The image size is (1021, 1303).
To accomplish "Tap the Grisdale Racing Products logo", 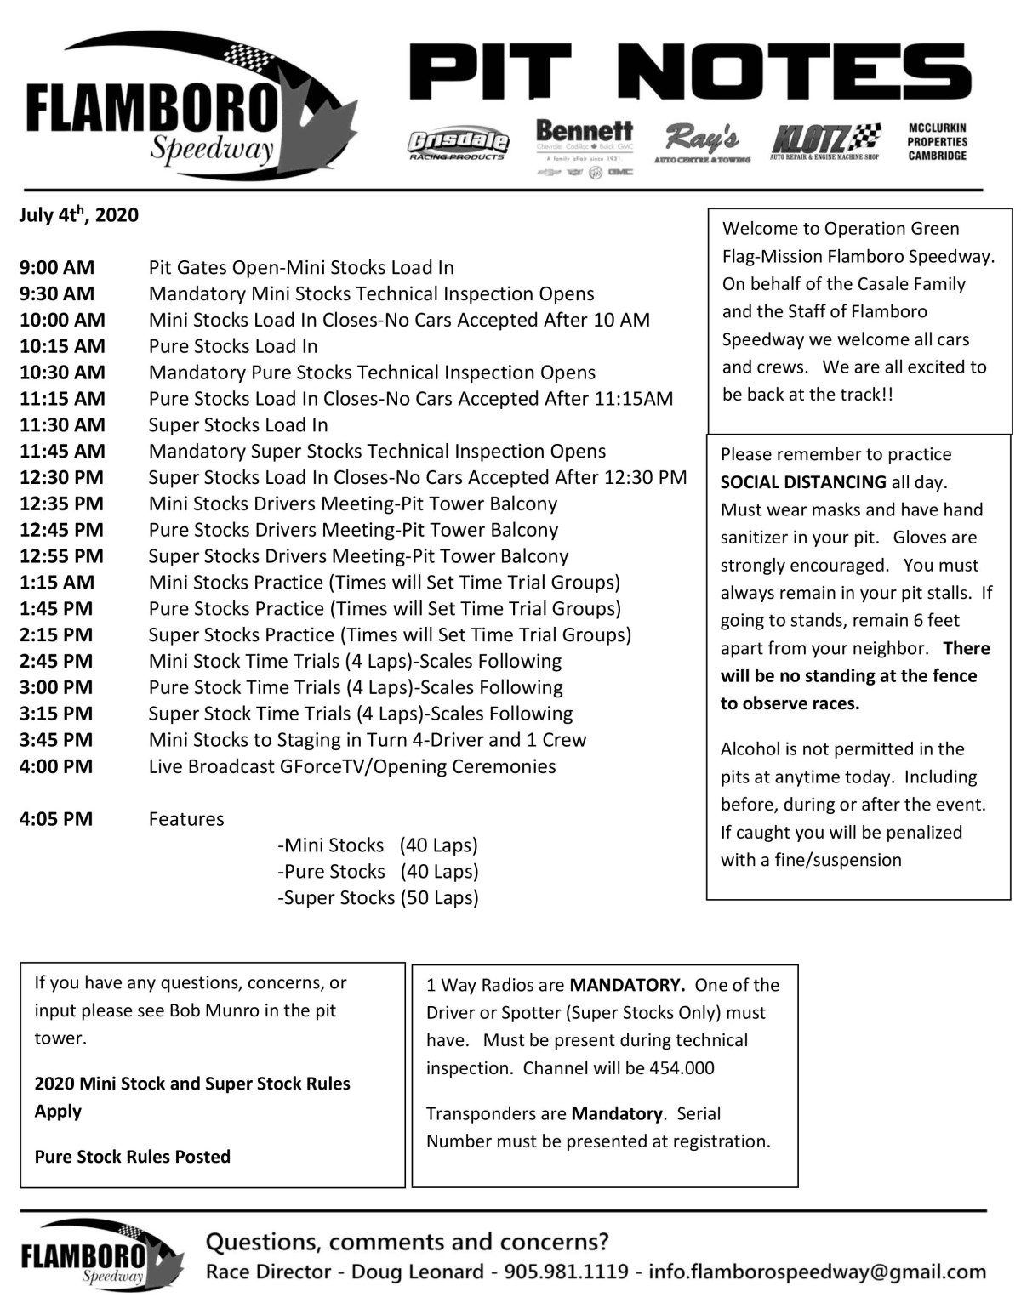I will click(x=458, y=145).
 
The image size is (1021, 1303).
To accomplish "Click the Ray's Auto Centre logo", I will click(x=702, y=143).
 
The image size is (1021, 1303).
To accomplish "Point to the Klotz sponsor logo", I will click(x=824, y=141).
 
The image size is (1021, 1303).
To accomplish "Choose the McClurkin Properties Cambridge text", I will click(x=937, y=142).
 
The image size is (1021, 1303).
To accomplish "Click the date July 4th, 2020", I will click(x=79, y=215).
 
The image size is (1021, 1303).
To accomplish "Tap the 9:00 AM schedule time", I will click(x=57, y=268).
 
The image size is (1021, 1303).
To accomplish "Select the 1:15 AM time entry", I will click(x=57, y=583).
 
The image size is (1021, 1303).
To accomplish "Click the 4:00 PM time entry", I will click(x=56, y=766).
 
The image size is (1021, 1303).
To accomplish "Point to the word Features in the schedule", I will click(x=186, y=819).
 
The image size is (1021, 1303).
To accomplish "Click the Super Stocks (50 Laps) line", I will click(x=378, y=897).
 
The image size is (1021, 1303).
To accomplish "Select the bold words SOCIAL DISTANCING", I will click(x=803, y=482).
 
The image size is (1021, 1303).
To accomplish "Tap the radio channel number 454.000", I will click(x=682, y=1068).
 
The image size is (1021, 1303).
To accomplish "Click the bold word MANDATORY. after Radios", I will click(x=627, y=985).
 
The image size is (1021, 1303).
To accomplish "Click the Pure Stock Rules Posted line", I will click(x=133, y=1157).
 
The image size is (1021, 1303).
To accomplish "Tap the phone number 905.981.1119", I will click(x=566, y=1272).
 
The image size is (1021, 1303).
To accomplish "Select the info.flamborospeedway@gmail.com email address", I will click(x=817, y=1272).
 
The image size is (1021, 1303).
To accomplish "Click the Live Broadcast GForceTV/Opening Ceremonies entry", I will click(x=352, y=766).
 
